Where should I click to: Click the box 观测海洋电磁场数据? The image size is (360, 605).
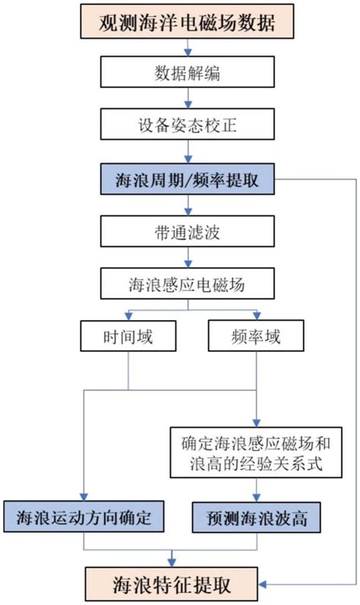[x=186, y=22]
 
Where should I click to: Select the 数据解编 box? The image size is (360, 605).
[x=186, y=74]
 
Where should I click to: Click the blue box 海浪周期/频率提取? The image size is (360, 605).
[x=186, y=182]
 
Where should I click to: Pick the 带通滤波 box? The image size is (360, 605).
[x=186, y=231]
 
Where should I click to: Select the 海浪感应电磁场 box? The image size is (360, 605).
[x=186, y=284]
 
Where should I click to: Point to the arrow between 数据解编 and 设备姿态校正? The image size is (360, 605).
[x=186, y=99]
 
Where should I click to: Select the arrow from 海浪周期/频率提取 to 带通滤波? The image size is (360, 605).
[x=186, y=206]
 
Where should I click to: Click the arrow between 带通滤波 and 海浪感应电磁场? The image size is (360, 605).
[x=186, y=258]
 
